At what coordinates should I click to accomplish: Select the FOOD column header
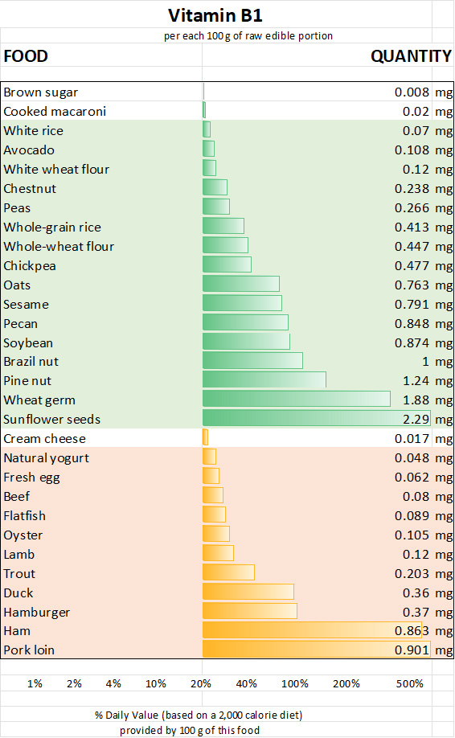click(26, 56)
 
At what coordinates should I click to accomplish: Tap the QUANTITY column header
click(410, 56)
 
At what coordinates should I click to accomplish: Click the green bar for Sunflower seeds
click(316, 419)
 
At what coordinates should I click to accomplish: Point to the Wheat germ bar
click(296, 400)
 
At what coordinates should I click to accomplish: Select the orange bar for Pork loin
click(316, 650)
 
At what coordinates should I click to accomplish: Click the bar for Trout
click(228, 572)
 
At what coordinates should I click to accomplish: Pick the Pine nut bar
click(264, 380)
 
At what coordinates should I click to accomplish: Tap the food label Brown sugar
click(41, 92)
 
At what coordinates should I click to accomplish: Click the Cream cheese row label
click(44, 439)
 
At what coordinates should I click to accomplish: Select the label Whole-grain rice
click(52, 228)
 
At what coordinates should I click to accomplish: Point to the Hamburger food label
click(36, 612)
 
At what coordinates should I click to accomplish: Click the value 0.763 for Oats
click(412, 285)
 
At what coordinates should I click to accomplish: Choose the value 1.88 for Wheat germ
click(416, 400)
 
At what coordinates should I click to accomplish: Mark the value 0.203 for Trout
click(412, 574)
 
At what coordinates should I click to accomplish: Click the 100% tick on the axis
click(295, 683)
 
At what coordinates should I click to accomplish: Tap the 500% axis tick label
click(410, 683)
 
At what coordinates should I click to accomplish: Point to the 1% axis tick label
click(35, 683)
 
